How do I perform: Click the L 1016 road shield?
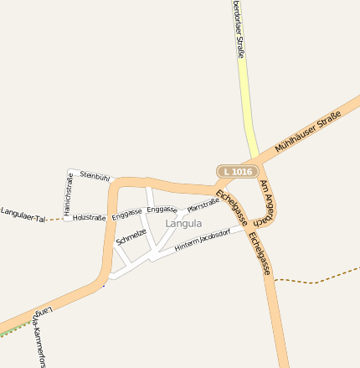pyautogui.click(x=236, y=172)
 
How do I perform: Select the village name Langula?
pyautogui.click(x=183, y=224)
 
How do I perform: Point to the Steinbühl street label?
pyautogui.click(x=95, y=177)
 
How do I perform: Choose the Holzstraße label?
pyautogui.click(x=90, y=218)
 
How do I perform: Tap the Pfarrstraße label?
pyautogui.click(x=203, y=204)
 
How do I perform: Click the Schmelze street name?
pyautogui.click(x=131, y=236)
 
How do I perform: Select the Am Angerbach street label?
pyautogui.click(x=269, y=202)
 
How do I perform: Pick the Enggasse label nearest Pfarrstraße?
pyautogui.click(x=162, y=209)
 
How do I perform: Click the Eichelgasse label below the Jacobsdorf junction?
pyautogui.click(x=260, y=254)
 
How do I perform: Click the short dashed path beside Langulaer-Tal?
pyautogui.click(x=56, y=220)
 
